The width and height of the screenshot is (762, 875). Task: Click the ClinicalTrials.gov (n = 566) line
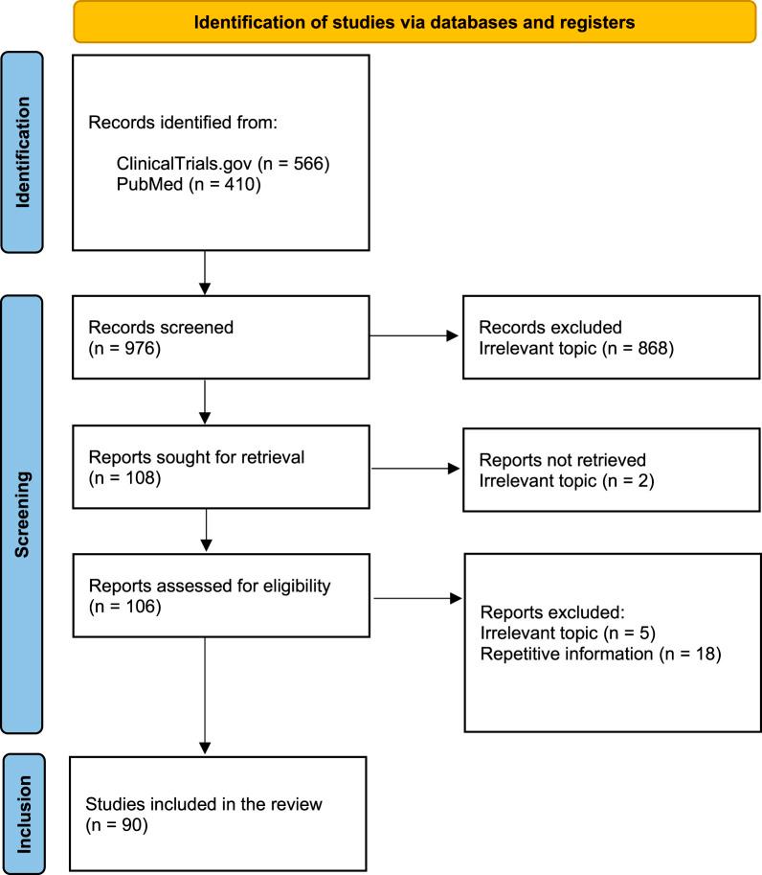(222, 164)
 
